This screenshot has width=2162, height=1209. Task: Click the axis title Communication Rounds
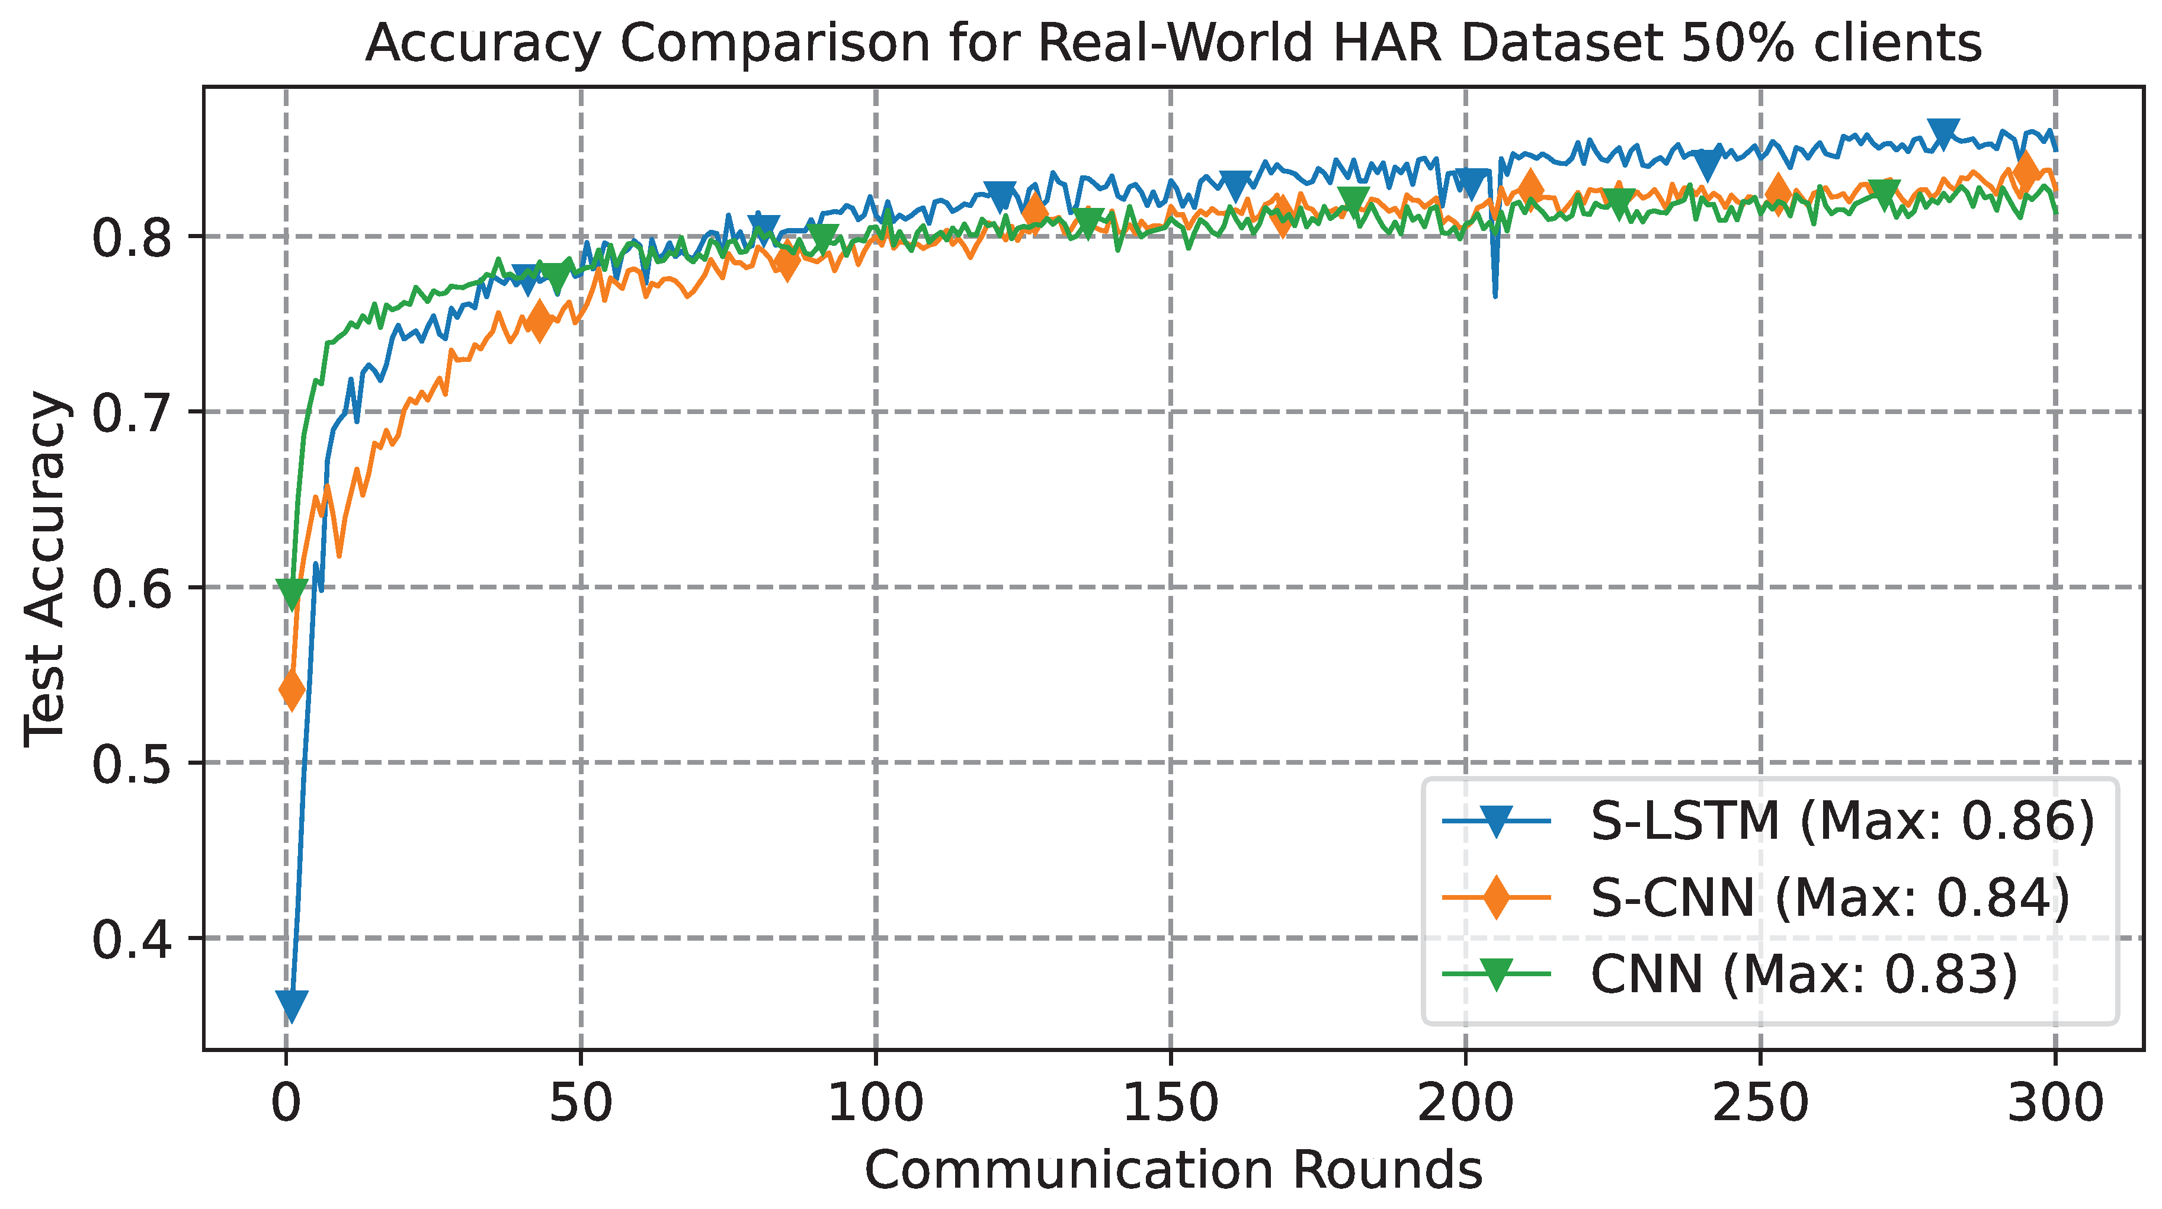click(1173, 1170)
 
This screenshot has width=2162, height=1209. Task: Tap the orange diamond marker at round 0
click(292, 690)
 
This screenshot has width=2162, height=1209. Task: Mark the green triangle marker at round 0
click(292, 593)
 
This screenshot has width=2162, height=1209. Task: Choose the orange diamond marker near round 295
click(2025, 172)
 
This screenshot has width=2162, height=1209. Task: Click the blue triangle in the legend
click(1495, 822)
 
